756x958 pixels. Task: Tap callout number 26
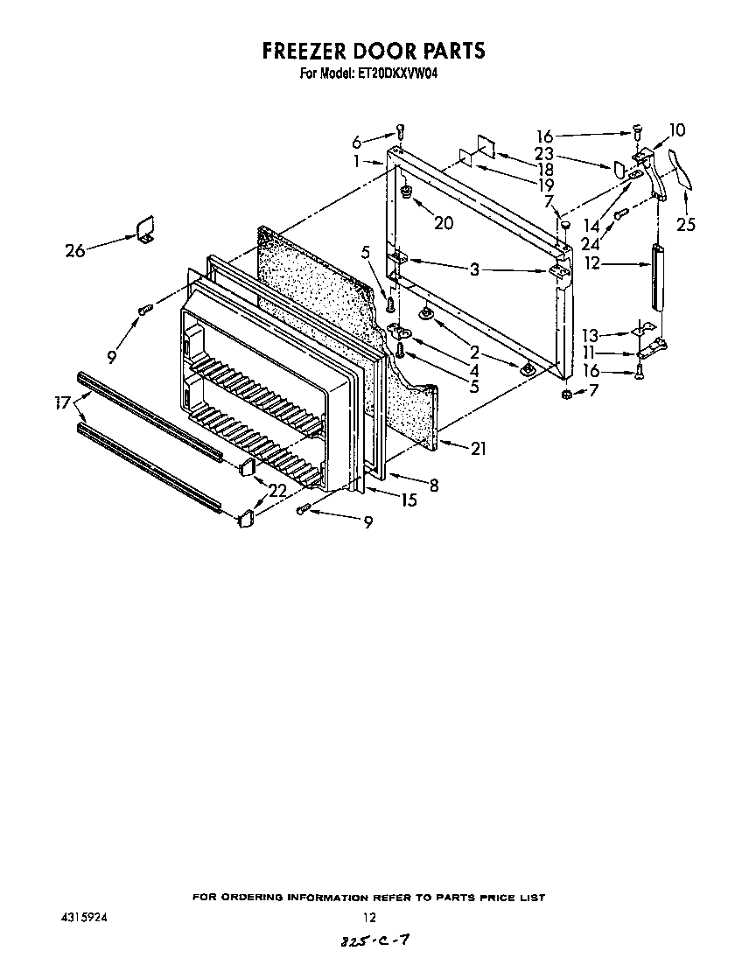click(x=75, y=251)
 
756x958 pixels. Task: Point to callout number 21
click(x=478, y=450)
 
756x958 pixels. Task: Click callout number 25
click(x=686, y=225)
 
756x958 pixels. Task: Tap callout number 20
click(x=444, y=223)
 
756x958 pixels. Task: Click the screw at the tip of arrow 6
click(x=401, y=131)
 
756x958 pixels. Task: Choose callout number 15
click(x=408, y=501)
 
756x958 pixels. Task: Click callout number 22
click(x=276, y=492)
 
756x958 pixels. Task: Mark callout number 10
click(x=676, y=130)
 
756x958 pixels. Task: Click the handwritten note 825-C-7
click(x=372, y=941)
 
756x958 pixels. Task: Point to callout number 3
click(x=474, y=269)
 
